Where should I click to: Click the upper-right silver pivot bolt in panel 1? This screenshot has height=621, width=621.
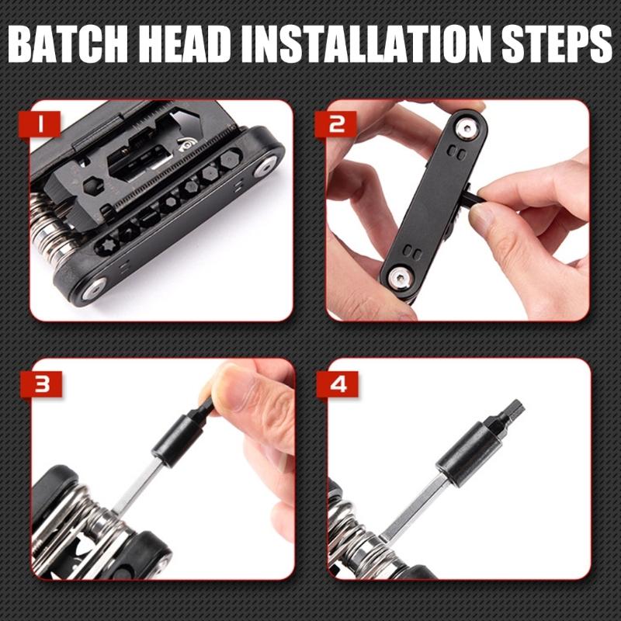[x=266, y=163]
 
